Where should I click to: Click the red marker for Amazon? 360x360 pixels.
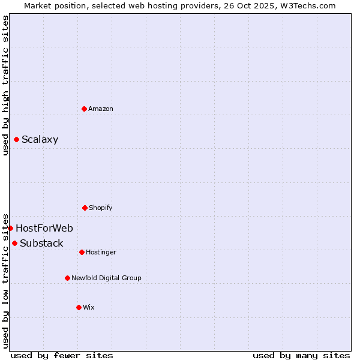pos(84,109)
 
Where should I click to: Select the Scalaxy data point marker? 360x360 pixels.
pos(16,140)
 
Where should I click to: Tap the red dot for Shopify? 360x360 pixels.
pos(85,208)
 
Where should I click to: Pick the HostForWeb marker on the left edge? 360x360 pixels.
pos(10,228)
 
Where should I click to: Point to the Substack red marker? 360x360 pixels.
pos(14,243)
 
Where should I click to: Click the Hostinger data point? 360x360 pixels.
pos(82,252)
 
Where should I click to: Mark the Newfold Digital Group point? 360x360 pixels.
pos(67,278)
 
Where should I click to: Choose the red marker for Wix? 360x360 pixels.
pos(79,307)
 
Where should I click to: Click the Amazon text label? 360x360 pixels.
pos(101,109)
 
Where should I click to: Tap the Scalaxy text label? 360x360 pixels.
pos(40,140)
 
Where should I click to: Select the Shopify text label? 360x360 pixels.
pos(101,208)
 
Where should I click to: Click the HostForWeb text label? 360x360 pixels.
pos(44,228)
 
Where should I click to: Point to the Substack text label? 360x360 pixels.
pos(41,243)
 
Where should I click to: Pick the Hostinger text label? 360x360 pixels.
pos(101,252)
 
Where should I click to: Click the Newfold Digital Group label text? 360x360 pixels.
pos(106,278)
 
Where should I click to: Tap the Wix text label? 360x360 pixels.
pos(89,307)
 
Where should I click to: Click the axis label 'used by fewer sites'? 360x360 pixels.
pos(62,355)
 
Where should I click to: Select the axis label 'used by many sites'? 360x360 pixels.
pos(301,355)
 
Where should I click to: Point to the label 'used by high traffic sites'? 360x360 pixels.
pos(5,85)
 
